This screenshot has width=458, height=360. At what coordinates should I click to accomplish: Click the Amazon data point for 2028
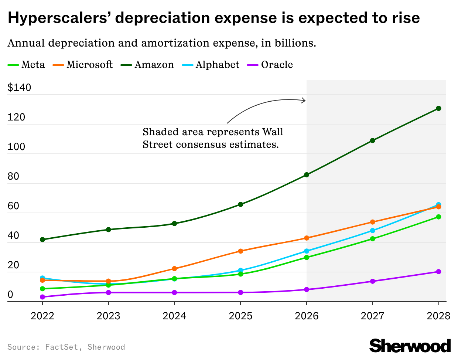coord(438,108)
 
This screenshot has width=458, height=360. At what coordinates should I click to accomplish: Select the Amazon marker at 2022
coord(42,240)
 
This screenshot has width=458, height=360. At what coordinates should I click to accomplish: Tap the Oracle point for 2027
coord(372,281)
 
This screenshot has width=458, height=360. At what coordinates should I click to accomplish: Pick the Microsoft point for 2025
coord(240,251)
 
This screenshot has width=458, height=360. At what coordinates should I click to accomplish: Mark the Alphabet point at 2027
coord(372,231)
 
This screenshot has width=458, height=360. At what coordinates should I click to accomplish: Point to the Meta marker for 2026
coord(307,257)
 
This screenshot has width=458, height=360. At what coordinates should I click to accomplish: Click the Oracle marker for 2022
coord(42,297)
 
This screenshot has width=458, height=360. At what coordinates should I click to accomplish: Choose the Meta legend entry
coord(27,65)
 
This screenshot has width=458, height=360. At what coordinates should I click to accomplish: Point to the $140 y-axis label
coord(19,88)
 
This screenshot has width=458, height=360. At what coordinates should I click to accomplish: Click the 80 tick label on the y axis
coord(13,176)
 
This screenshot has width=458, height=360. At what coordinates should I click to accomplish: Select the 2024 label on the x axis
coord(174,316)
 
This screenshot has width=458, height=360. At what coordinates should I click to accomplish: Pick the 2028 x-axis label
coord(438,316)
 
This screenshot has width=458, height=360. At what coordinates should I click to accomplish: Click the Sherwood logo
coord(410,346)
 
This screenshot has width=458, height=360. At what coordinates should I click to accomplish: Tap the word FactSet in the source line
coord(61,347)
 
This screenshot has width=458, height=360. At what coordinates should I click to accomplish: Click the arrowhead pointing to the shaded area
coord(304,100)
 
